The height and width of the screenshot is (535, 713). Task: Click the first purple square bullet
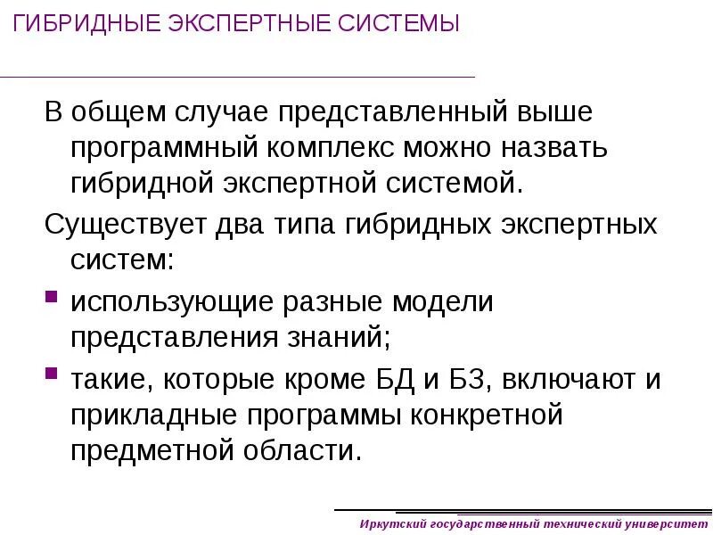pyautogui.click(x=51, y=295)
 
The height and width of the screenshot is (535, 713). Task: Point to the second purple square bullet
pyautogui.click(x=51, y=371)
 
